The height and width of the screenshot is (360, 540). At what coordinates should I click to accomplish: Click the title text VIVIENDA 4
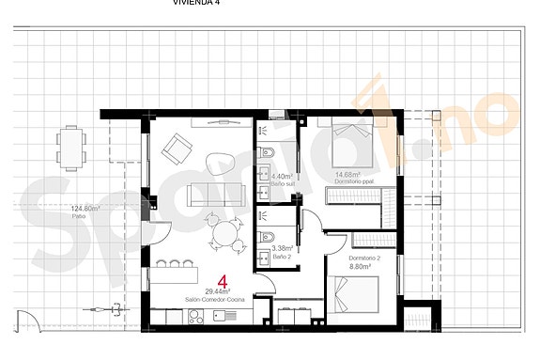tap(198, 3)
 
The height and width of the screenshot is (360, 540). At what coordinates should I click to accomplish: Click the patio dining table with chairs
tap(72, 146)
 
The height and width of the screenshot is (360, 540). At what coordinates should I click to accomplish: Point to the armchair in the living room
tap(175, 148)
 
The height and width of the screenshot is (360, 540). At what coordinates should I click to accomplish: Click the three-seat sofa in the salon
tap(217, 195)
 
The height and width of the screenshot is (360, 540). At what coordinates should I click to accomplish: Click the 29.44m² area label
tap(217, 292)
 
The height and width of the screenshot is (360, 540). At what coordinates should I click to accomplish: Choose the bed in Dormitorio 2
tap(355, 295)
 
